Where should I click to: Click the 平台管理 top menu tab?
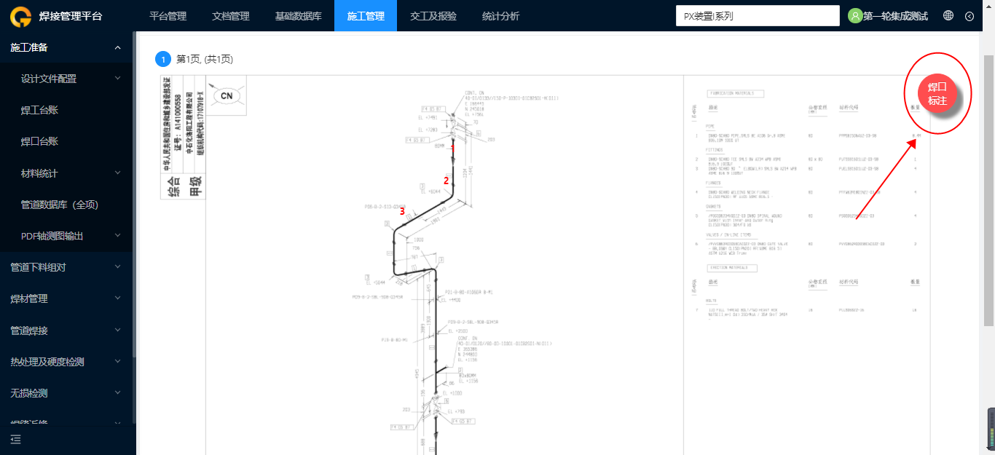point(168,16)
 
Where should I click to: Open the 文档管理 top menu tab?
point(230,16)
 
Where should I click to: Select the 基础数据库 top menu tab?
point(298,16)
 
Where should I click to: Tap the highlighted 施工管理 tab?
point(366,16)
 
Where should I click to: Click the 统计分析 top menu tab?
point(500,16)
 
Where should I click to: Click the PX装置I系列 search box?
point(758,16)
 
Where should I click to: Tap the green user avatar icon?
point(855,15)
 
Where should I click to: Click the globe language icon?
point(948,15)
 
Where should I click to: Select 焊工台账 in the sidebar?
point(39,110)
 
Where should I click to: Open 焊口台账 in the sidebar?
point(39,141)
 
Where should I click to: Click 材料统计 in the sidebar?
point(39,173)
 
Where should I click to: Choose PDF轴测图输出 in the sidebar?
point(52,236)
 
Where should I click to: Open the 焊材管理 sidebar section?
point(29,298)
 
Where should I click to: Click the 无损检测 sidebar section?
point(29,393)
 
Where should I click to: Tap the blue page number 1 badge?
point(162,59)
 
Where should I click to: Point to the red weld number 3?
point(402,211)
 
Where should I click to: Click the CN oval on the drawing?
point(227,95)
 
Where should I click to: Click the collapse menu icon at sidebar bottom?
point(16,439)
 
